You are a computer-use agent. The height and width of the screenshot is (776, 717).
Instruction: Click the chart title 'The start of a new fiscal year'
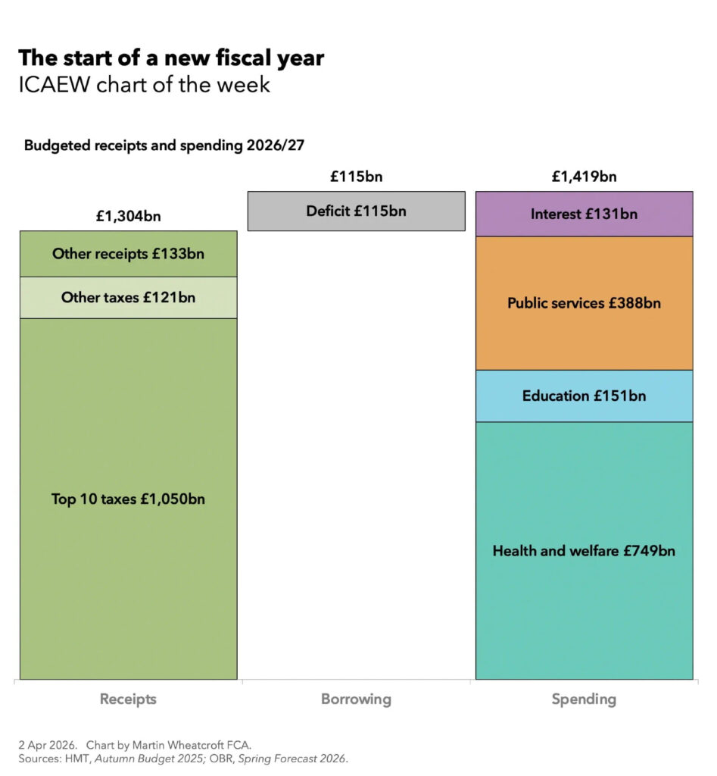pyautogui.click(x=171, y=58)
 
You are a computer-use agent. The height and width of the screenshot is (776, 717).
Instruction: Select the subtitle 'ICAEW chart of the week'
pyautogui.click(x=144, y=84)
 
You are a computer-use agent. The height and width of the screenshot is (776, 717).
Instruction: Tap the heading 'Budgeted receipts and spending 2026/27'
pyautogui.click(x=164, y=145)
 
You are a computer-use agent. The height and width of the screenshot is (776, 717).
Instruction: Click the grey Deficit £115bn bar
pyautogui.click(x=356, y=211)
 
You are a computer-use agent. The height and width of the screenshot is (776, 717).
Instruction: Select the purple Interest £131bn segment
pyautogui.click(x=584, y=214)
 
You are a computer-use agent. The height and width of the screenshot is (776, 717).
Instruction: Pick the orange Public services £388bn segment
pyautogui.click(x=584, y=303)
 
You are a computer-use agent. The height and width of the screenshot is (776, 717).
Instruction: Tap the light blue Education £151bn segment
pyautogui.click(x=584, y=396)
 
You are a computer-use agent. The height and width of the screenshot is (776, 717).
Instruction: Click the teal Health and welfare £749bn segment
pyautogui.click(x=584, y=551)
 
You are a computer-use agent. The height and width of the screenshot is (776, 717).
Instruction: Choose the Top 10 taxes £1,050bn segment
pyautogui.click(x=128, y=499)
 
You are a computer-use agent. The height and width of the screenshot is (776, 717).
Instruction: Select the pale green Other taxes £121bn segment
pyautogui.click(x=128, y=297)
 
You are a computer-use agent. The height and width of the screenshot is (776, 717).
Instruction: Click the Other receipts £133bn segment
pyautogui.click(x=128, y=254)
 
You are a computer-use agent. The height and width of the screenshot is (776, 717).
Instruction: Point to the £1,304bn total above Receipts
pyautogui.click(x=128, y=217)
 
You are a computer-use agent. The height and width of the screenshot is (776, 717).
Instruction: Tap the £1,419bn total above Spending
pyautogui.click(x=584, y=177)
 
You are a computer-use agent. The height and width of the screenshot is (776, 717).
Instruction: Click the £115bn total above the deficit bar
pyautogui.click(x=356, y=177)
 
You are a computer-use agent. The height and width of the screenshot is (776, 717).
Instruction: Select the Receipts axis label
pyautogui.click(x=128, y=699)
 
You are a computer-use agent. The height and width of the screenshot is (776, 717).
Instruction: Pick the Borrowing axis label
pyautogui.click(x=356, y=699)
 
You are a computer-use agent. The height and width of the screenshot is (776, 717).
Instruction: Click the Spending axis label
pyautogui.click(x=584, y=699)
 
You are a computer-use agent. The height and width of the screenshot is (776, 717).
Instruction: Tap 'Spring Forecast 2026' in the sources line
pyautogui.click(x=292, y=758)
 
